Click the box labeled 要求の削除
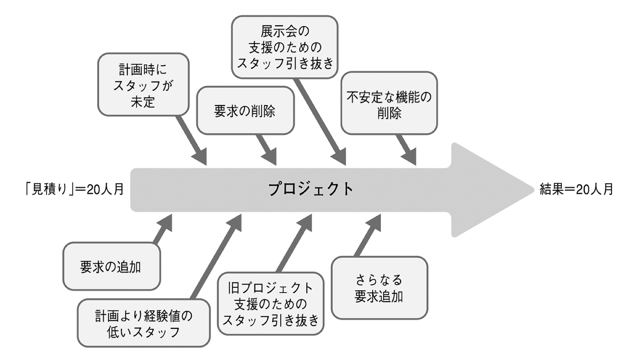245,111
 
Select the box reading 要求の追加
111,267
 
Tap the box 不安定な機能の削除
389,103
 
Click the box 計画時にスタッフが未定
143,85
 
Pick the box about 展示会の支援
285,47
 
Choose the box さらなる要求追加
379,288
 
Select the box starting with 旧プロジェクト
270,304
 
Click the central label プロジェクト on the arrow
311,189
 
